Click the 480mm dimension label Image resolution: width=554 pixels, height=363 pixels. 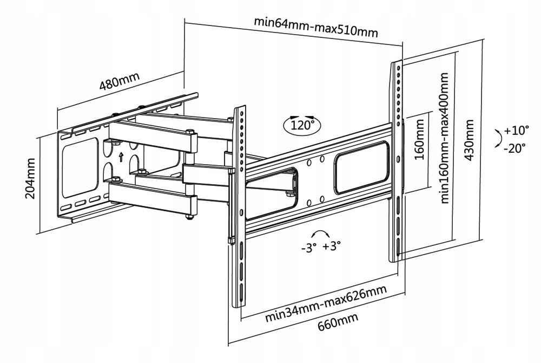pos(120,81)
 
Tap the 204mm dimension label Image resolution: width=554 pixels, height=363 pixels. pos(31,178)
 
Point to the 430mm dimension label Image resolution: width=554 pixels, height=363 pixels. pos(470,141)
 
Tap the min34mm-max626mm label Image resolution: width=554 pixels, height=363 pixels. pos(326,304)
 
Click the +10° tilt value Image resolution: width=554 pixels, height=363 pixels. pos(516,130)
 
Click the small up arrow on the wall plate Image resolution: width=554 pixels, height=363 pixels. pos(121,157)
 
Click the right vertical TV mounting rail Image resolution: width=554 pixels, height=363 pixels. pos(397,163)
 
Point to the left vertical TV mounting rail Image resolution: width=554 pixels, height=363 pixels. pos(238,206)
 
